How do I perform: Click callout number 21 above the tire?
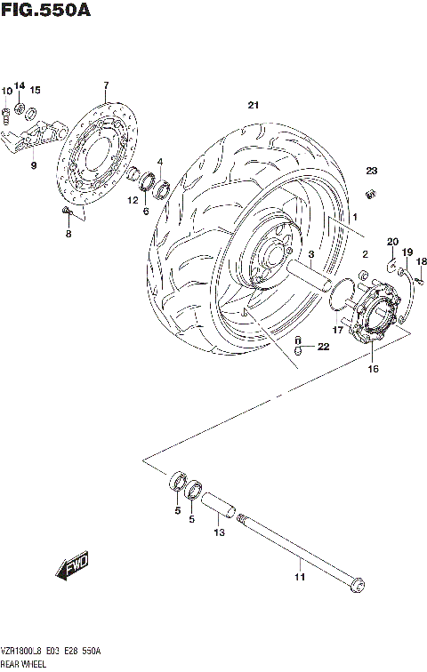[254, 106]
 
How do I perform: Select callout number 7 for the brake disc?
[105, 85]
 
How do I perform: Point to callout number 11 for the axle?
[300, 578]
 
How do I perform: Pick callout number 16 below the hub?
[373, 368]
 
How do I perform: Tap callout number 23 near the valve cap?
[371, 171]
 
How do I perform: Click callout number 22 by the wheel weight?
[323, 347]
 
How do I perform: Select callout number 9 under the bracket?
[33, 164]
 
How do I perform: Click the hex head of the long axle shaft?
[358, 584]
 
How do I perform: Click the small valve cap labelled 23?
[373, 193]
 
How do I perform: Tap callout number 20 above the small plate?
[391, 242]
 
